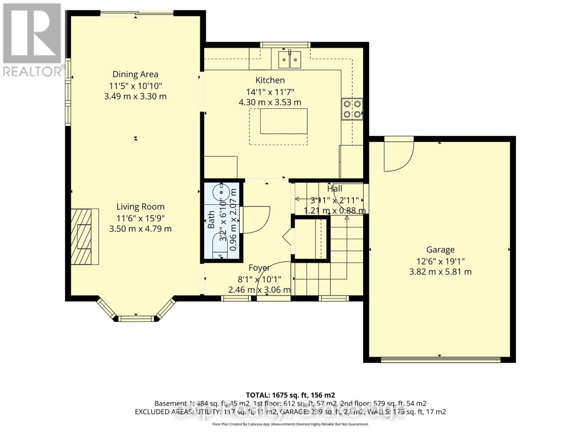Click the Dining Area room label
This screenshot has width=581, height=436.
click(x=135, y=74)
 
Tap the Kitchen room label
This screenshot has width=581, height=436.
click(x=270, y=80)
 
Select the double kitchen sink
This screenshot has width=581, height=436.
click(x=290, y=59)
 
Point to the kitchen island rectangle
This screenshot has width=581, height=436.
click(x=283, y=121)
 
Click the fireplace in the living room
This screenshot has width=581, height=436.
click(x=84, y=237)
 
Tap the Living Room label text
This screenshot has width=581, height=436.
click(x=140, y=207)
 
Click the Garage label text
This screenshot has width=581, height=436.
click(x=440, y=250)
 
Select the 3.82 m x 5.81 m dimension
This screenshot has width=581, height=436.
click(x=440, y=272)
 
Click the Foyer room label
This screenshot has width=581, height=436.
click(x=259, y=268)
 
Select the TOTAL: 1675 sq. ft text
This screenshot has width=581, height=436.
click(x=290, y=395)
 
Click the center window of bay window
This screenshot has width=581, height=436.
click(x=136, y=319)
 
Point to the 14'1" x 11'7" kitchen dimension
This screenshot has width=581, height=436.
click(x=270, y=92)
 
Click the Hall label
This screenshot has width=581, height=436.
click(x=334, y=189)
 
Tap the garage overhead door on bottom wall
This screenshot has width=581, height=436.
click(x=440, y=360)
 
